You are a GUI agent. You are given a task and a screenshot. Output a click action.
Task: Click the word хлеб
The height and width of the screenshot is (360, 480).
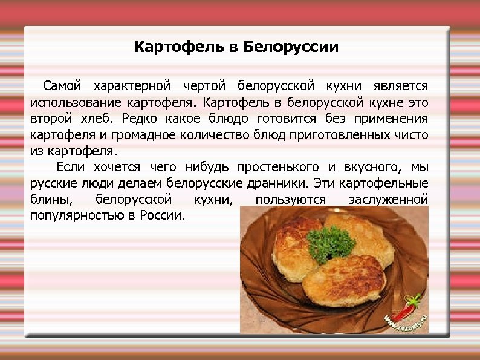[x=97, y=117]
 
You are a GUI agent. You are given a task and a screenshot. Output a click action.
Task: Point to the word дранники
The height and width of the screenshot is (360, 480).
[x=281, y=183]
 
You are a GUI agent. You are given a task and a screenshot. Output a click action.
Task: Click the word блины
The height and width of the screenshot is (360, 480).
[x=46, y=199]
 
